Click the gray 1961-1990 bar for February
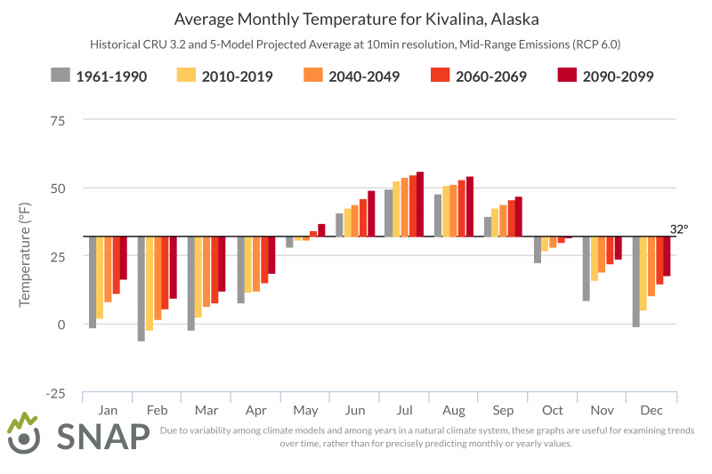pyautogui.click(x=141, y=288)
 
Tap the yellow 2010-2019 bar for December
pyautogui.click(x=643, y=273)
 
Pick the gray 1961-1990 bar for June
pyautogui.click(x=339, y=225)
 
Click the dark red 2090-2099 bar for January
pyautogui.click(x=124, y=258)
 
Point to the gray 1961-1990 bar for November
pyautogui.click(x=587, y=269)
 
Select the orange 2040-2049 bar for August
pyautogui.click(x=453, y=211)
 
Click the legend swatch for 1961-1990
pyautogui.click(x=60, y=76)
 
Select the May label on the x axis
pyautogui.click(x=304, y=411)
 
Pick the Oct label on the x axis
pyautogui.click(x=552, y=411)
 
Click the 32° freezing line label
pyautogui.click(x=678, y=229)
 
